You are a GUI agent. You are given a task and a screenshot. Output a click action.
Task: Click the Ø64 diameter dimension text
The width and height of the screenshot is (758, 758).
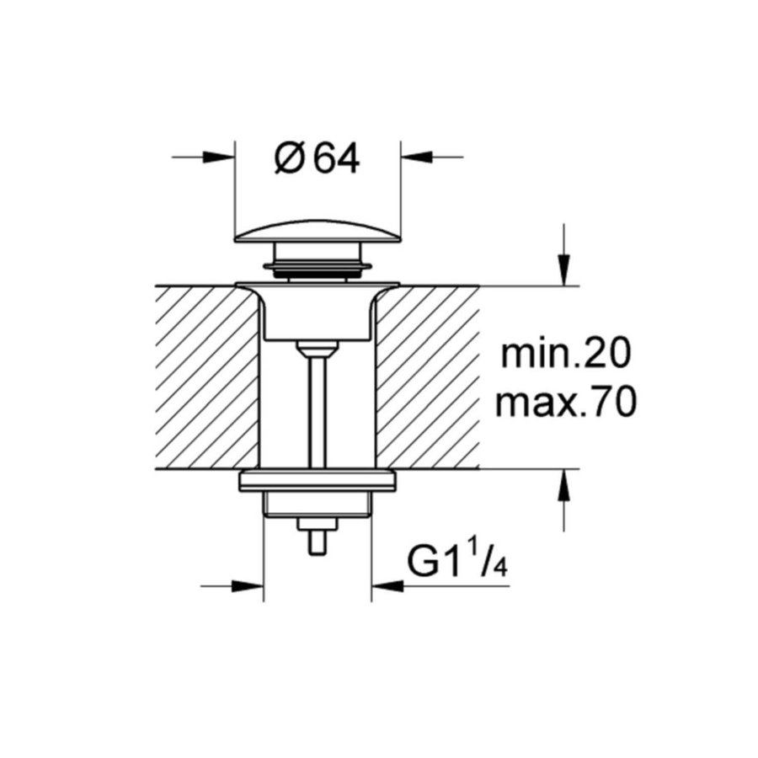[x=317, y=157]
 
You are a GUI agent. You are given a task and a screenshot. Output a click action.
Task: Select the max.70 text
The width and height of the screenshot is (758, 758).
[x=564, y=404]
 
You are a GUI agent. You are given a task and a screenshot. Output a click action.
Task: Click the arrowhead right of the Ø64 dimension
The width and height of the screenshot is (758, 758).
[x=414, y=157]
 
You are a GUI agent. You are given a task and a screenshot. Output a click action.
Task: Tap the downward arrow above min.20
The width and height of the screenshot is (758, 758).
[x=564, y=271]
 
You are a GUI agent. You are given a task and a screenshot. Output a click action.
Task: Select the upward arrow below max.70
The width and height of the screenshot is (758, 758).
[x=564, y=485]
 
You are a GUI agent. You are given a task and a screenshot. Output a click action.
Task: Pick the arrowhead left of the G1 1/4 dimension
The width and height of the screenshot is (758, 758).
[x=249, y=585]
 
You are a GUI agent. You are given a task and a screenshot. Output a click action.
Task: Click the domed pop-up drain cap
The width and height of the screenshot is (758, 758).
[x=317, y=230]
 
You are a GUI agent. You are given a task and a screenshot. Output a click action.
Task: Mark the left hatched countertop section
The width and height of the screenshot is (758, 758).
[x=206, y=377]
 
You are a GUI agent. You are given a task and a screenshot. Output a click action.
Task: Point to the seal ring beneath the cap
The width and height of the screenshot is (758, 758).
[x=317, y=269]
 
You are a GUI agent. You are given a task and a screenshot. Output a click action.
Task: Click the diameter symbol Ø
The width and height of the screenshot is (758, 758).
[x=288, y=157]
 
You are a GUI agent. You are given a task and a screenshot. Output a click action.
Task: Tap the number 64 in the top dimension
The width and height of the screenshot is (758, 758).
[x=336, y=157]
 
